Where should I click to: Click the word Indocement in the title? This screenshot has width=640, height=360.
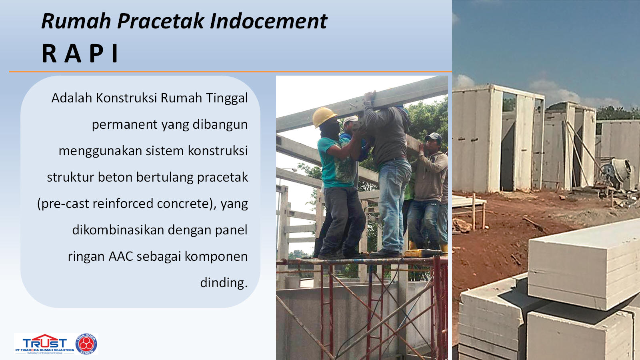click(x=268, y=21)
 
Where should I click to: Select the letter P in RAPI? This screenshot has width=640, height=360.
click(x=96, y=53)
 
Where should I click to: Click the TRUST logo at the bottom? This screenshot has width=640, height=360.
click(x=45, y=344)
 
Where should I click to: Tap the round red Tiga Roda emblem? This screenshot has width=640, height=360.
click(x=86, y=344)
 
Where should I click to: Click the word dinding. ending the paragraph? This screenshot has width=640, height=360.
click(x=224, y=282)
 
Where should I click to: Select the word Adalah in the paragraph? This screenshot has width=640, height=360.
click(x=72, y=98)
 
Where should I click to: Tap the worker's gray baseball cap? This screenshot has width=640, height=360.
click(x=434, y=137)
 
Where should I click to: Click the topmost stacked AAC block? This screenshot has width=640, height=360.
click(x=584, y=264)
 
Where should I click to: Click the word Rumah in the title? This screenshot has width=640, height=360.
click(x=76, y=21)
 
